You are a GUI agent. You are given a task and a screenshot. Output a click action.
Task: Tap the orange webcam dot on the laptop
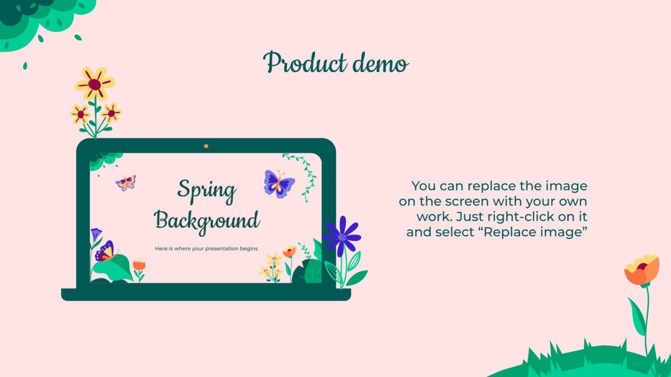(x=206, y=146)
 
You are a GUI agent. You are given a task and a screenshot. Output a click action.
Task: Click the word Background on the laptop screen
(x=207, y=220)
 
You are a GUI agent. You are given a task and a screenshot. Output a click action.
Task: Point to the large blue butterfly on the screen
(x=278, y=184)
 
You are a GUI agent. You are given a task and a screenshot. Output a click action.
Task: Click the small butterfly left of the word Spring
(x=125, y=182)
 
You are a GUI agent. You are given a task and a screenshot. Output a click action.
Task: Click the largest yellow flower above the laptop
(x=95, y=83)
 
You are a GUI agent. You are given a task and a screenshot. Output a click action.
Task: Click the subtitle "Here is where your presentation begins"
(x=206, y=248)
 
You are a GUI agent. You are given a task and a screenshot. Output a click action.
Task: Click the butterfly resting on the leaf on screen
(x=106, y=252)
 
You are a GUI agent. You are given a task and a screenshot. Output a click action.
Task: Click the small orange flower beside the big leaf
(x=139, y=265)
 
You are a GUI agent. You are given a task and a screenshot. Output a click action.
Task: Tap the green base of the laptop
(x=206, y=294)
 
